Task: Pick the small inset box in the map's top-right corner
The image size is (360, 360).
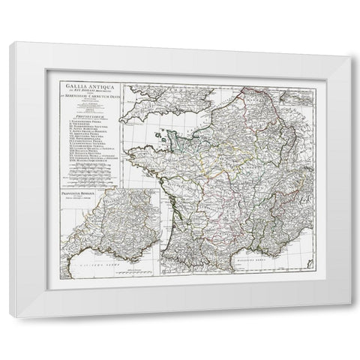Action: [x=297, y=89]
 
